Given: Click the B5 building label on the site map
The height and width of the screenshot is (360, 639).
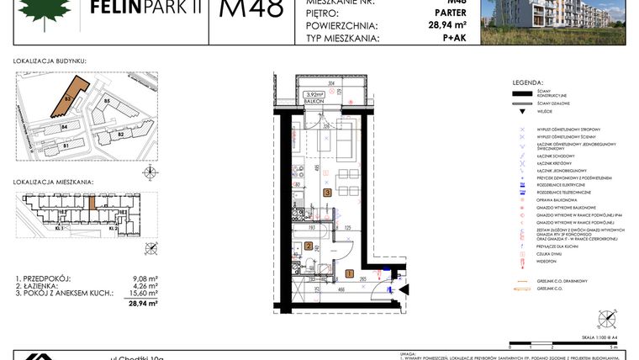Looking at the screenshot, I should click(107, 101).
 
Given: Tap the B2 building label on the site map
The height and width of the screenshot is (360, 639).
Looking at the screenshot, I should click(120, 134).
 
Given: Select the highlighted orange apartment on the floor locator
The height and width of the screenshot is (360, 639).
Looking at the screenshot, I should click(92, 203).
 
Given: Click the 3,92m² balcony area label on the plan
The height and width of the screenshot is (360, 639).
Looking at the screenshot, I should click(314, 94).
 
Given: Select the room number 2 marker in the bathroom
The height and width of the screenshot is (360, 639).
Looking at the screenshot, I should click(309, 246).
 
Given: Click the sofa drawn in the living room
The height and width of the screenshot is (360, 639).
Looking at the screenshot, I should click(346, 140).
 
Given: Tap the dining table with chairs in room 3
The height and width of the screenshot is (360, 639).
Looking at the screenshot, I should click(342, 177).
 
